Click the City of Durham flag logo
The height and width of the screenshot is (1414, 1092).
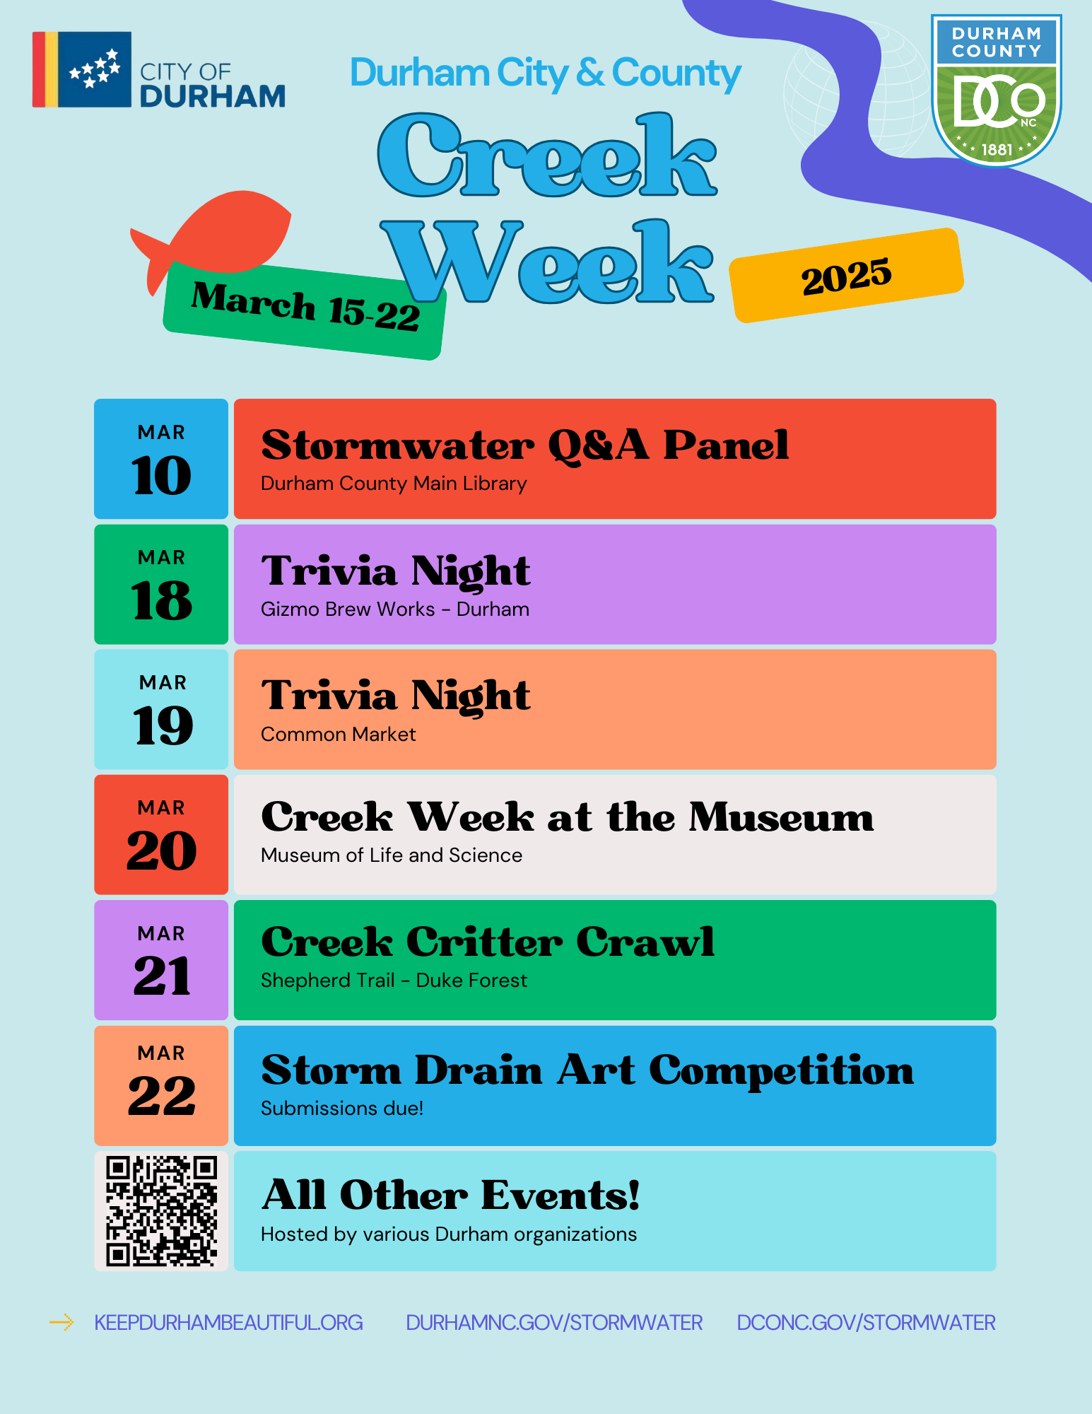click(82, 69)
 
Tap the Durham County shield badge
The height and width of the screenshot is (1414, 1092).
click(997, 90)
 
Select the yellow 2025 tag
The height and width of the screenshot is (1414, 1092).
click(847, 276)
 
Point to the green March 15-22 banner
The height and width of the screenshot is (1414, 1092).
click(305, 311)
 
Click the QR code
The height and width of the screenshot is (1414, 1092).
click(161, 1211)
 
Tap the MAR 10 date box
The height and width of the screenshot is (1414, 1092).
click(161, 459)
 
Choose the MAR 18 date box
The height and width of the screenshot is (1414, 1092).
click(161, 584)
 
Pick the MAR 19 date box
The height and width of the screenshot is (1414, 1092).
click(161, 709)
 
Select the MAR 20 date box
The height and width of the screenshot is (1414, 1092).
click(161, 834)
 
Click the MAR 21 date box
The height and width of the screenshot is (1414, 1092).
click(161, 959)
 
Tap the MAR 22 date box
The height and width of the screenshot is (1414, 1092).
click(161, 1085)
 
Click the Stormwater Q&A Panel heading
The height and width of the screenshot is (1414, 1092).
click(525, 446)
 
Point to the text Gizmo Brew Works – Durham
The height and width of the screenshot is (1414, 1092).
click(395, 609)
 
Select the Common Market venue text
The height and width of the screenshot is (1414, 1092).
click(339, 735)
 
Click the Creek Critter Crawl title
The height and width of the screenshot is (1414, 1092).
click(488, 942)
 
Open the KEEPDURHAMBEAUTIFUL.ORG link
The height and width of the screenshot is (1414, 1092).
click(228, 1322)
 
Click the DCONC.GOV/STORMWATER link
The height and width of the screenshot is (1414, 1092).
click(866, 1322)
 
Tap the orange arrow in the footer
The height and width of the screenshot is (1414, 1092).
click(61, 1322)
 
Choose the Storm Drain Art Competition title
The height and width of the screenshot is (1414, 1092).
click(587, 1070)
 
